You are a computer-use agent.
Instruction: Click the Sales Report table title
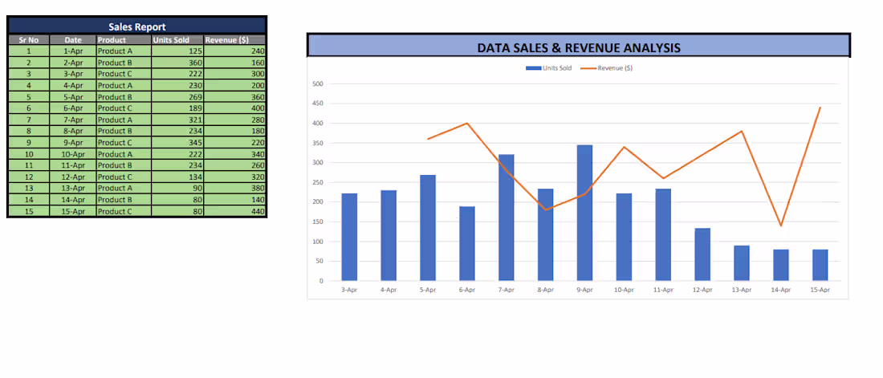point(136,26)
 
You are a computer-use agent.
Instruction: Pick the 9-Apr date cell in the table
point(73,142)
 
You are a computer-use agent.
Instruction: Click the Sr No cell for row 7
point(29,120)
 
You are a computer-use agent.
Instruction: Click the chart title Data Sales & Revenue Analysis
point(578,47)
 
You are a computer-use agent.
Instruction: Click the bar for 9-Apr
point(584,213)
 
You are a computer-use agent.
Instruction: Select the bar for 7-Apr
point(506,217)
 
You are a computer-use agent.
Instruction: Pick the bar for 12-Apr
point(702,254)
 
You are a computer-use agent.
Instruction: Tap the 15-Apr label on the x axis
point(820,290)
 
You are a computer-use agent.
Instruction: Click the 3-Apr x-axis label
point(349,290)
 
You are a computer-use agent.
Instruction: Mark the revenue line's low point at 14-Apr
point(780,226)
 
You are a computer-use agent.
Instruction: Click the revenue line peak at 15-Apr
point(820,108)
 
